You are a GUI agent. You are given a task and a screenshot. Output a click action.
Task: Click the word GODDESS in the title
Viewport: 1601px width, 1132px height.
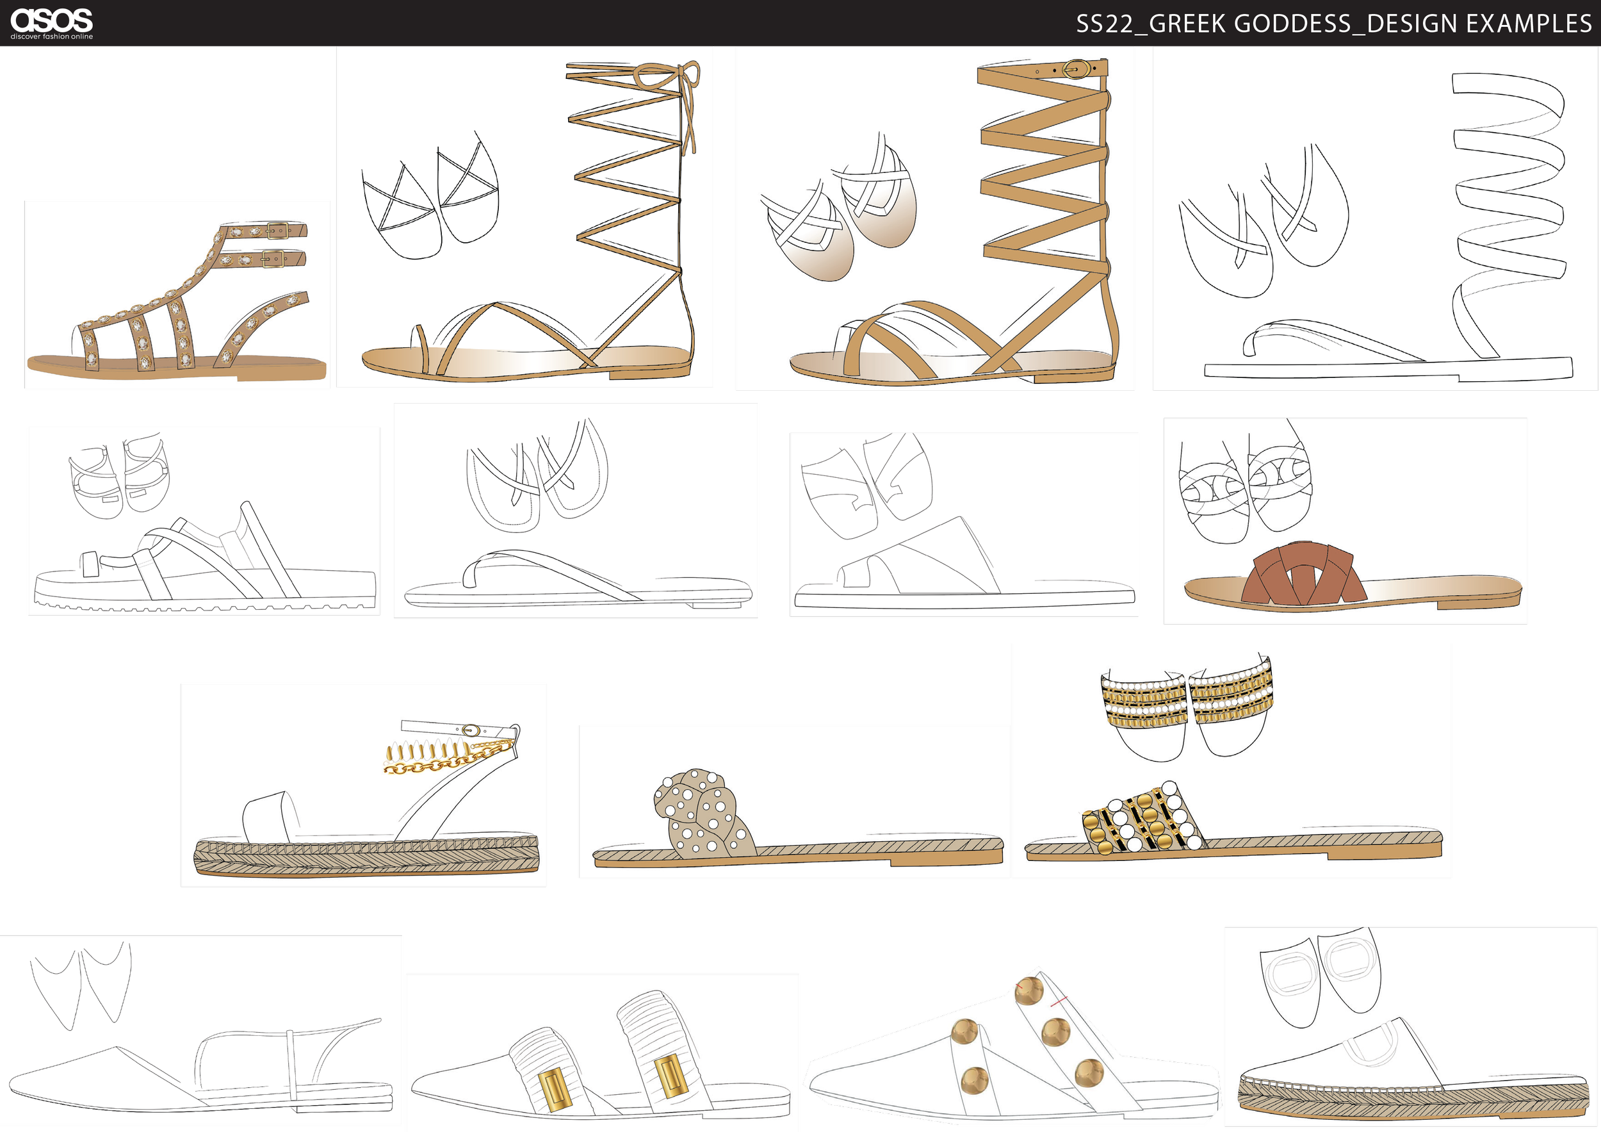pos(1293,24)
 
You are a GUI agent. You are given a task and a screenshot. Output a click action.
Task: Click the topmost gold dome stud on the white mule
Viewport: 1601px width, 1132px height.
pos(1029,990)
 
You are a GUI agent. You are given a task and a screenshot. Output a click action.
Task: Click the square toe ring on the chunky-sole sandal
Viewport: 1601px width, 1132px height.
pos(89,564)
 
